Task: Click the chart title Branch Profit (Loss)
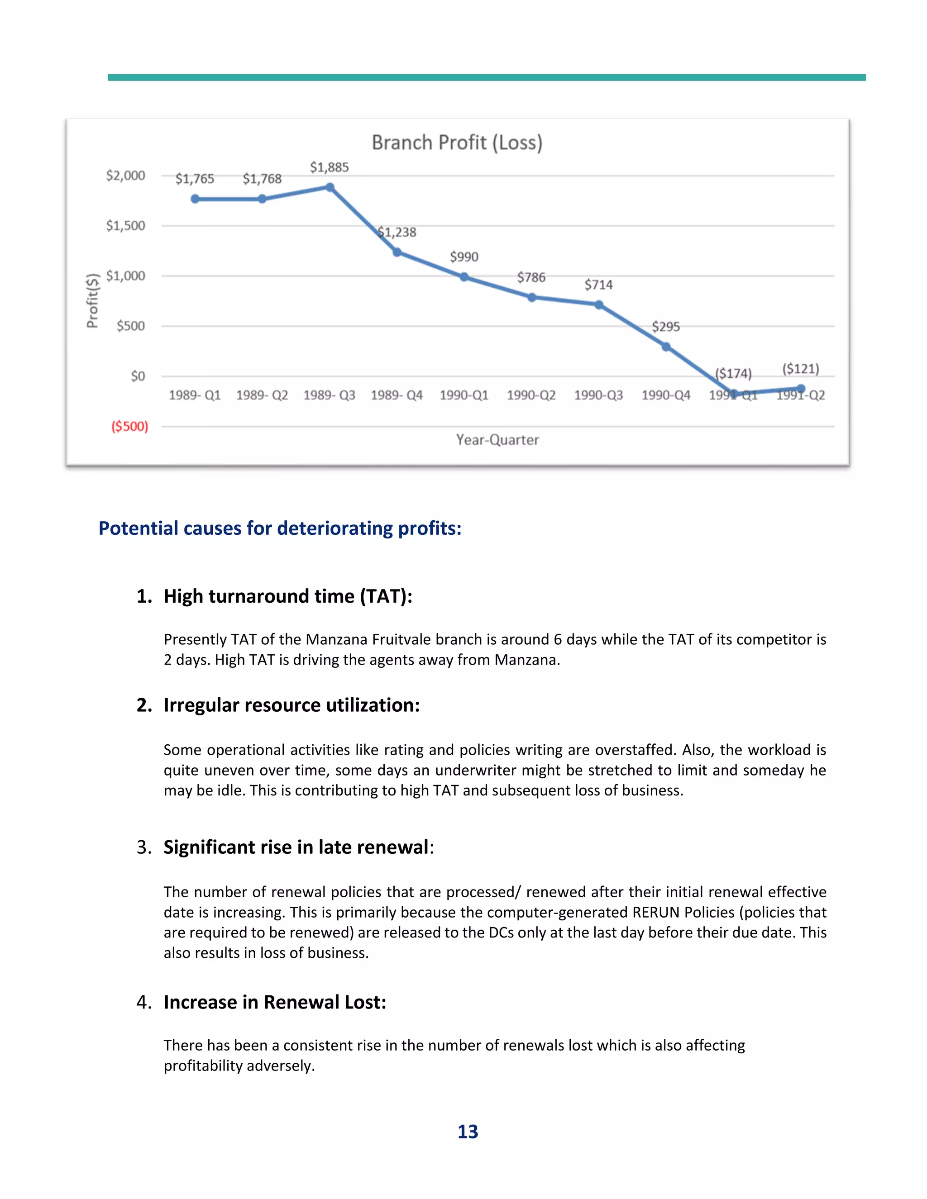(457, 143)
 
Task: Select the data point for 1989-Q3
(330, 188)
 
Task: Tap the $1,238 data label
(397, 232)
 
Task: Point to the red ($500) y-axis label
(129, 427)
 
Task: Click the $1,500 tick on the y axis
(125, 226)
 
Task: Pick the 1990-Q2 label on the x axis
(531, 395)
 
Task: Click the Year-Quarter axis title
(497, 440)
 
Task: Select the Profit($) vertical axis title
(92, 300)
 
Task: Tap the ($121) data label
(801, 368)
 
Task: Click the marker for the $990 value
(464, 277)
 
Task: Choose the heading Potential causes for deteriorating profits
(280, 528)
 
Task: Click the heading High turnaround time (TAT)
(288, 596)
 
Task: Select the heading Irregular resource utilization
(291, 705)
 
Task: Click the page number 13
(468, 1132)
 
